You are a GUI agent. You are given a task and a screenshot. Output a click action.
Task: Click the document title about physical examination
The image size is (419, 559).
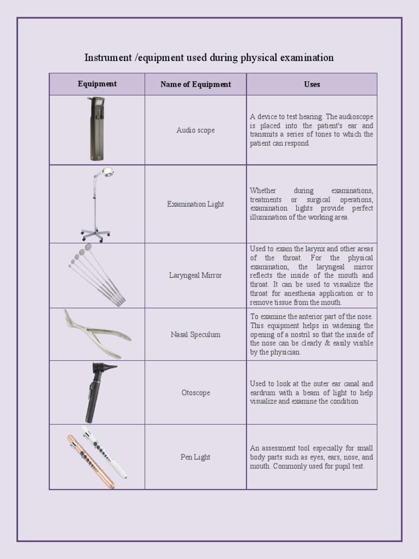tap(209, 57)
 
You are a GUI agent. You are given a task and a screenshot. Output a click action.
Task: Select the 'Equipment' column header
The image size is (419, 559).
tap(97, 84)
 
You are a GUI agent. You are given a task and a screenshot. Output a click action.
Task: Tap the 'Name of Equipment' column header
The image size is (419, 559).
tap(195, 84)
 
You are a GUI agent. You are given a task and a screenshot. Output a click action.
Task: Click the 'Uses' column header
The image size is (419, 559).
tap(312, 84)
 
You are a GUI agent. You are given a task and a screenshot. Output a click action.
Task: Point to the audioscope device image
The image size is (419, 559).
tap(97, 129)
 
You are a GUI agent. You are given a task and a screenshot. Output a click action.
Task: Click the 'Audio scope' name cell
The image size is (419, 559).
tap(195, 130)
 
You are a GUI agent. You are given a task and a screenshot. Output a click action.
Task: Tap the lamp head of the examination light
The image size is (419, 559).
tap(107, 172)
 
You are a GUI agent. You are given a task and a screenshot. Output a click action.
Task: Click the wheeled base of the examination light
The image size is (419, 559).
tap(95, 234)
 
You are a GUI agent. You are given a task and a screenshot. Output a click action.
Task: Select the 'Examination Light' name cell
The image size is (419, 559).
tap(195, 204)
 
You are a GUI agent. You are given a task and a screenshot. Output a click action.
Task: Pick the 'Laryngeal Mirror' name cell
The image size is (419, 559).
tap(195, 276)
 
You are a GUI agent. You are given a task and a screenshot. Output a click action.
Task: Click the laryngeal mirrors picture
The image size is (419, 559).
tap(96, 276)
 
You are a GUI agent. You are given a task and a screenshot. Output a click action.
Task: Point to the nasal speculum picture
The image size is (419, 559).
tap(97, 332)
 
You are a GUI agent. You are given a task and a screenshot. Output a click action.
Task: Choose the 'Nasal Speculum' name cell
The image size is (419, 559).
tap(195, 335)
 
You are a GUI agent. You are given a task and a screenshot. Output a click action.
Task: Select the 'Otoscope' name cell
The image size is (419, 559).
tap(195, 393)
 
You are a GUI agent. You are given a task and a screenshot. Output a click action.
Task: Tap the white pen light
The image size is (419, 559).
tap(105, 453)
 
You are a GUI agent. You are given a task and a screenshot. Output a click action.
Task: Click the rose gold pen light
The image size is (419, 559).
tap(91, 462)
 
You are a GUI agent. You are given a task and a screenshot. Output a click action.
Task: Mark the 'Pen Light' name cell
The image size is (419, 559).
tap(195, 457)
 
